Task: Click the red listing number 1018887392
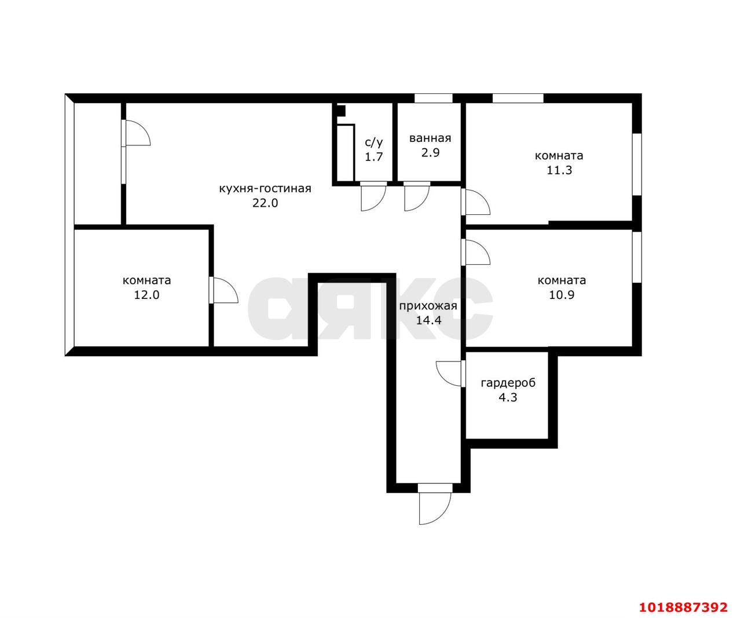[683, 607]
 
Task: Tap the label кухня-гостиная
[265, 188]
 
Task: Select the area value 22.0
[265, 203]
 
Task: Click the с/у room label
[374, 142]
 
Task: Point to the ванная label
[430, 138]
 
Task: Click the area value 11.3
[559, 170]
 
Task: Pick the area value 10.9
[562, 294]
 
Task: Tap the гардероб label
[508, 383]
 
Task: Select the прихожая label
[428, 306]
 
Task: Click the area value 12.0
[146, 294]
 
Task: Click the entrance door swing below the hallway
[435, 504]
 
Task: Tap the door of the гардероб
[450, 374]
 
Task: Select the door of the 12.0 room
[223, 290]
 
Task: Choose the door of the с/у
[373, 196]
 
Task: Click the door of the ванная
[417, 196]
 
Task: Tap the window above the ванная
[434, 98]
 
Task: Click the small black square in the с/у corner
[341, 111]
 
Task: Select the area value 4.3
[508, 397]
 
